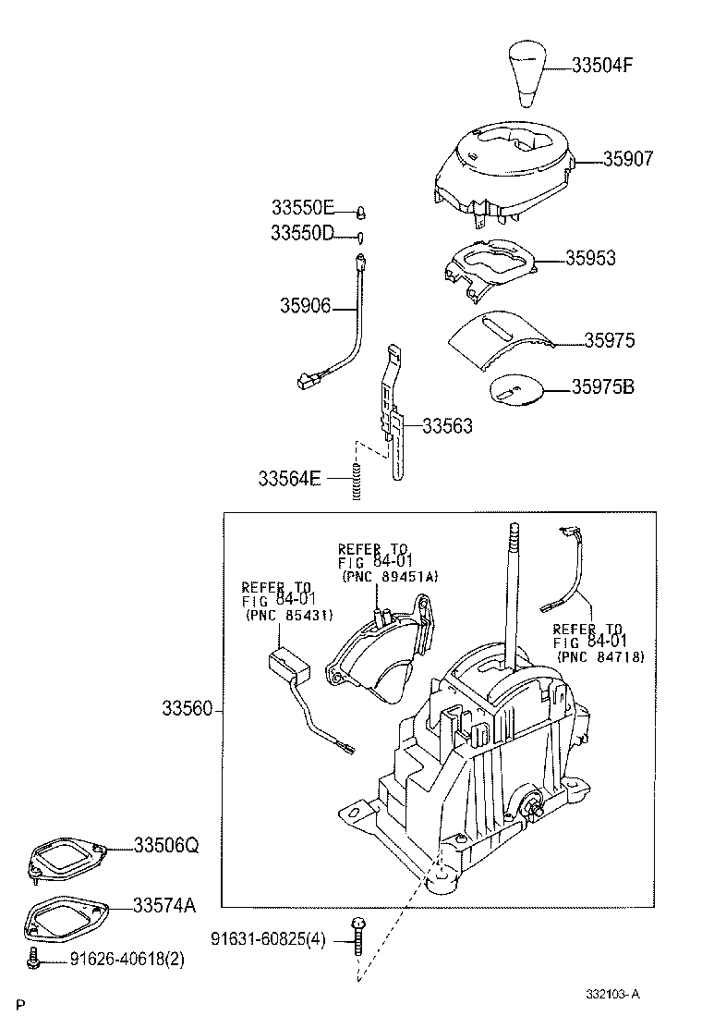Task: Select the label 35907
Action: [x=615, y=159]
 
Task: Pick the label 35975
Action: [x=609, y=341]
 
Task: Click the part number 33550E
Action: [x=302, y=208]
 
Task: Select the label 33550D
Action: [x=302, y=233]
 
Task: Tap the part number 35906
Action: [x=306, y=305]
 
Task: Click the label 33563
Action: [x=447, y=426]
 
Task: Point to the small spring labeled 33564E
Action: [x=355, y=482]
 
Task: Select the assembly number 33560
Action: [x=188, y=709]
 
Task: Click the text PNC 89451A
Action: [x=390, y=576]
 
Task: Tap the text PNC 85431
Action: [x=289, y=615]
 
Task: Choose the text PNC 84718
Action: [x=600, y=656]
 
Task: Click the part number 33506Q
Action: [x=165, y=846]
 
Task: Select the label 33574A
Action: [x=164, y=904]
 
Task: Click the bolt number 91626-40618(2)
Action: [x=127, y=960]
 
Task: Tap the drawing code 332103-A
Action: [x=611, y=995]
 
